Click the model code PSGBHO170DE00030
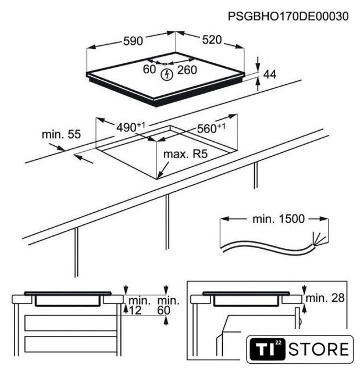(288, 16)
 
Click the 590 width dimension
(133, 41)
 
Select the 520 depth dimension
(212, 40)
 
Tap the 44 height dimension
(270, 74)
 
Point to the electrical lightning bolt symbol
(167, 74)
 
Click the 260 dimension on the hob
(187, 70)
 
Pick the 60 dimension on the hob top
(149, 69)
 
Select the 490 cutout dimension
(130, 127)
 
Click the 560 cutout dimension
(211, 128)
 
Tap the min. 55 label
(61, 134)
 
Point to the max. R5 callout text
(186, 154)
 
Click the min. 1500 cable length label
(279, 219)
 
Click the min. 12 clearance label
(140, 306)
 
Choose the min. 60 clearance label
(168, 306)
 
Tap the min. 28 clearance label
(325, 298)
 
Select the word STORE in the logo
(319, 349)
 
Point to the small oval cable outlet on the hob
(165, 63)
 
